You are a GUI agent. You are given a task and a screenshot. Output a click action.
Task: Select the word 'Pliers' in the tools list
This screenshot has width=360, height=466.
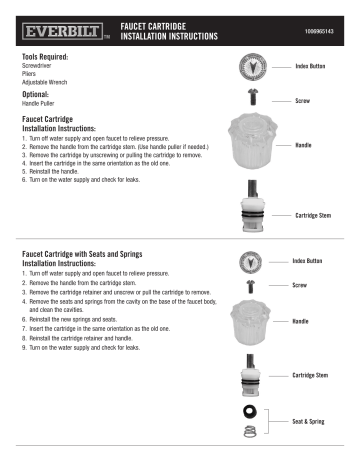click(30, 74)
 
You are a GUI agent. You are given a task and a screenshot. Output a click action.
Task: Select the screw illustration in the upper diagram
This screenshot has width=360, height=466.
click(252, 100)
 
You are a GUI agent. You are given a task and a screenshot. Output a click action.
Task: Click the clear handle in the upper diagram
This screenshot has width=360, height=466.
click(252, 145)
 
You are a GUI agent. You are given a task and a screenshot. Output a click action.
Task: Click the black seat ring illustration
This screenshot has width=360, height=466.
click(249, 410)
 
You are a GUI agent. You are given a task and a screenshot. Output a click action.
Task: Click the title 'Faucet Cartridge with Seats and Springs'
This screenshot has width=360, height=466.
click(99, 256)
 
